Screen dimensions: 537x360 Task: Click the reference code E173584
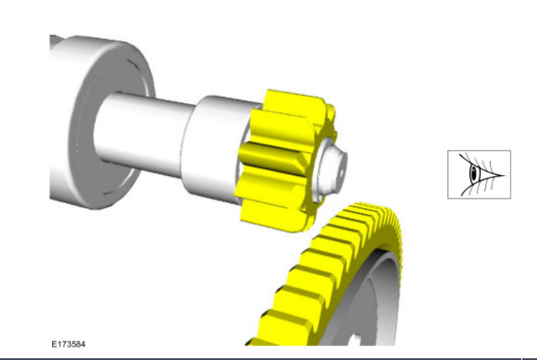tap(69, 344)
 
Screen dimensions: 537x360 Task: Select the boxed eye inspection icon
tap(479, 174)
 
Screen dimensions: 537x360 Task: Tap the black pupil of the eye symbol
tap(474, 173)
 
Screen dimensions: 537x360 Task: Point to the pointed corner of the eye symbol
tap(505, 176)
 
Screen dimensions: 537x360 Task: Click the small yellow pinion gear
tap(284, 161)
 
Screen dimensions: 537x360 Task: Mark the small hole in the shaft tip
tap(341, 173)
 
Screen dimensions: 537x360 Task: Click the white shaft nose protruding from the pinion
tap(331, 168)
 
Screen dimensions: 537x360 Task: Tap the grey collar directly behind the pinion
tap(212, 147)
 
